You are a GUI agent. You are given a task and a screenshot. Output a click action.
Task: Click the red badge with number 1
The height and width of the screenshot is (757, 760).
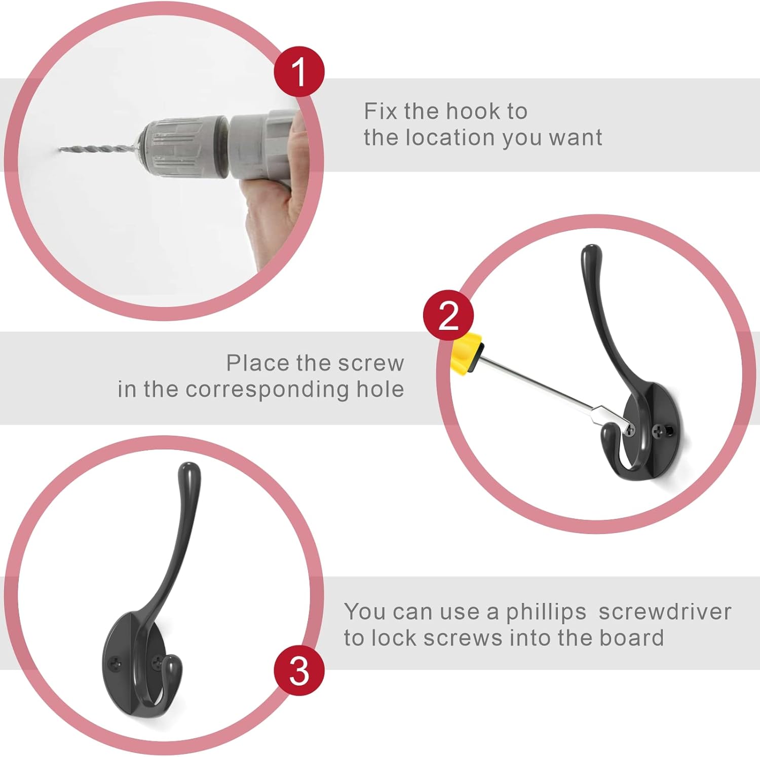pos(299,71)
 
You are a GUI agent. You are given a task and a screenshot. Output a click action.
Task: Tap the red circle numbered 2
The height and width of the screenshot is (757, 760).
pos(448,315)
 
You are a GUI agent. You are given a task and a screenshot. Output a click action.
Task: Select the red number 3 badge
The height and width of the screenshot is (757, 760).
pos(299,670)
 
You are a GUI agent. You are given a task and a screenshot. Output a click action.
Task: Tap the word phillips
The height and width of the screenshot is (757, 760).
pos(546,612)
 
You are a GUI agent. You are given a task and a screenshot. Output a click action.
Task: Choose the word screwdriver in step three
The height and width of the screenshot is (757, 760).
pos(665,612)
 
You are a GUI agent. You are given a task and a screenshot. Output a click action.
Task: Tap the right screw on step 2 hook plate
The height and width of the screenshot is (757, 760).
pos(659,432)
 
